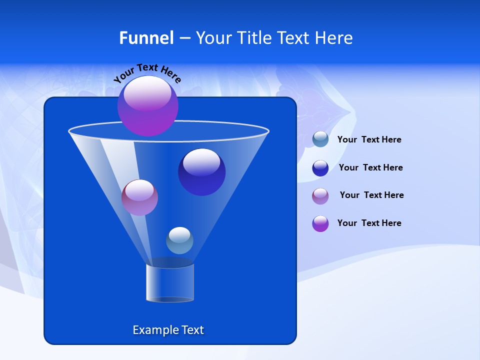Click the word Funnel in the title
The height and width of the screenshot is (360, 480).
(146, 38)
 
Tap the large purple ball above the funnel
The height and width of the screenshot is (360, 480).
(147, 105)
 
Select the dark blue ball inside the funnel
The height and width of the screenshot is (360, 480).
(201, 172)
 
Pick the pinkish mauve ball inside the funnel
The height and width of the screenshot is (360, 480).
(139, 197)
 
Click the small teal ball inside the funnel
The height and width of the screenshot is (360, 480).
(179, 240)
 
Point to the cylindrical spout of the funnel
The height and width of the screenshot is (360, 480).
(170, 283)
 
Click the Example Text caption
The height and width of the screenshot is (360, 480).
(168, 330)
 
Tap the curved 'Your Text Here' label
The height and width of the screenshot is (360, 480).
(147, 72)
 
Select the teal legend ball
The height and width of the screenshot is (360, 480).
(320, 139)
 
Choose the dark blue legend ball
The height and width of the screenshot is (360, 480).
(320, 168)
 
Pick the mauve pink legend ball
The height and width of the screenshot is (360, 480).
(320, 196)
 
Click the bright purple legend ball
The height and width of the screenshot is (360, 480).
(320, 223)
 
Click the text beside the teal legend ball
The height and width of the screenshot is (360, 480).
(369, 140)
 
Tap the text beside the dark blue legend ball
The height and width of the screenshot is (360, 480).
(370, 168)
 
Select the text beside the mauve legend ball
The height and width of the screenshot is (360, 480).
(371, 195)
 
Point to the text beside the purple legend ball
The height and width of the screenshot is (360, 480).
(369, 223)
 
